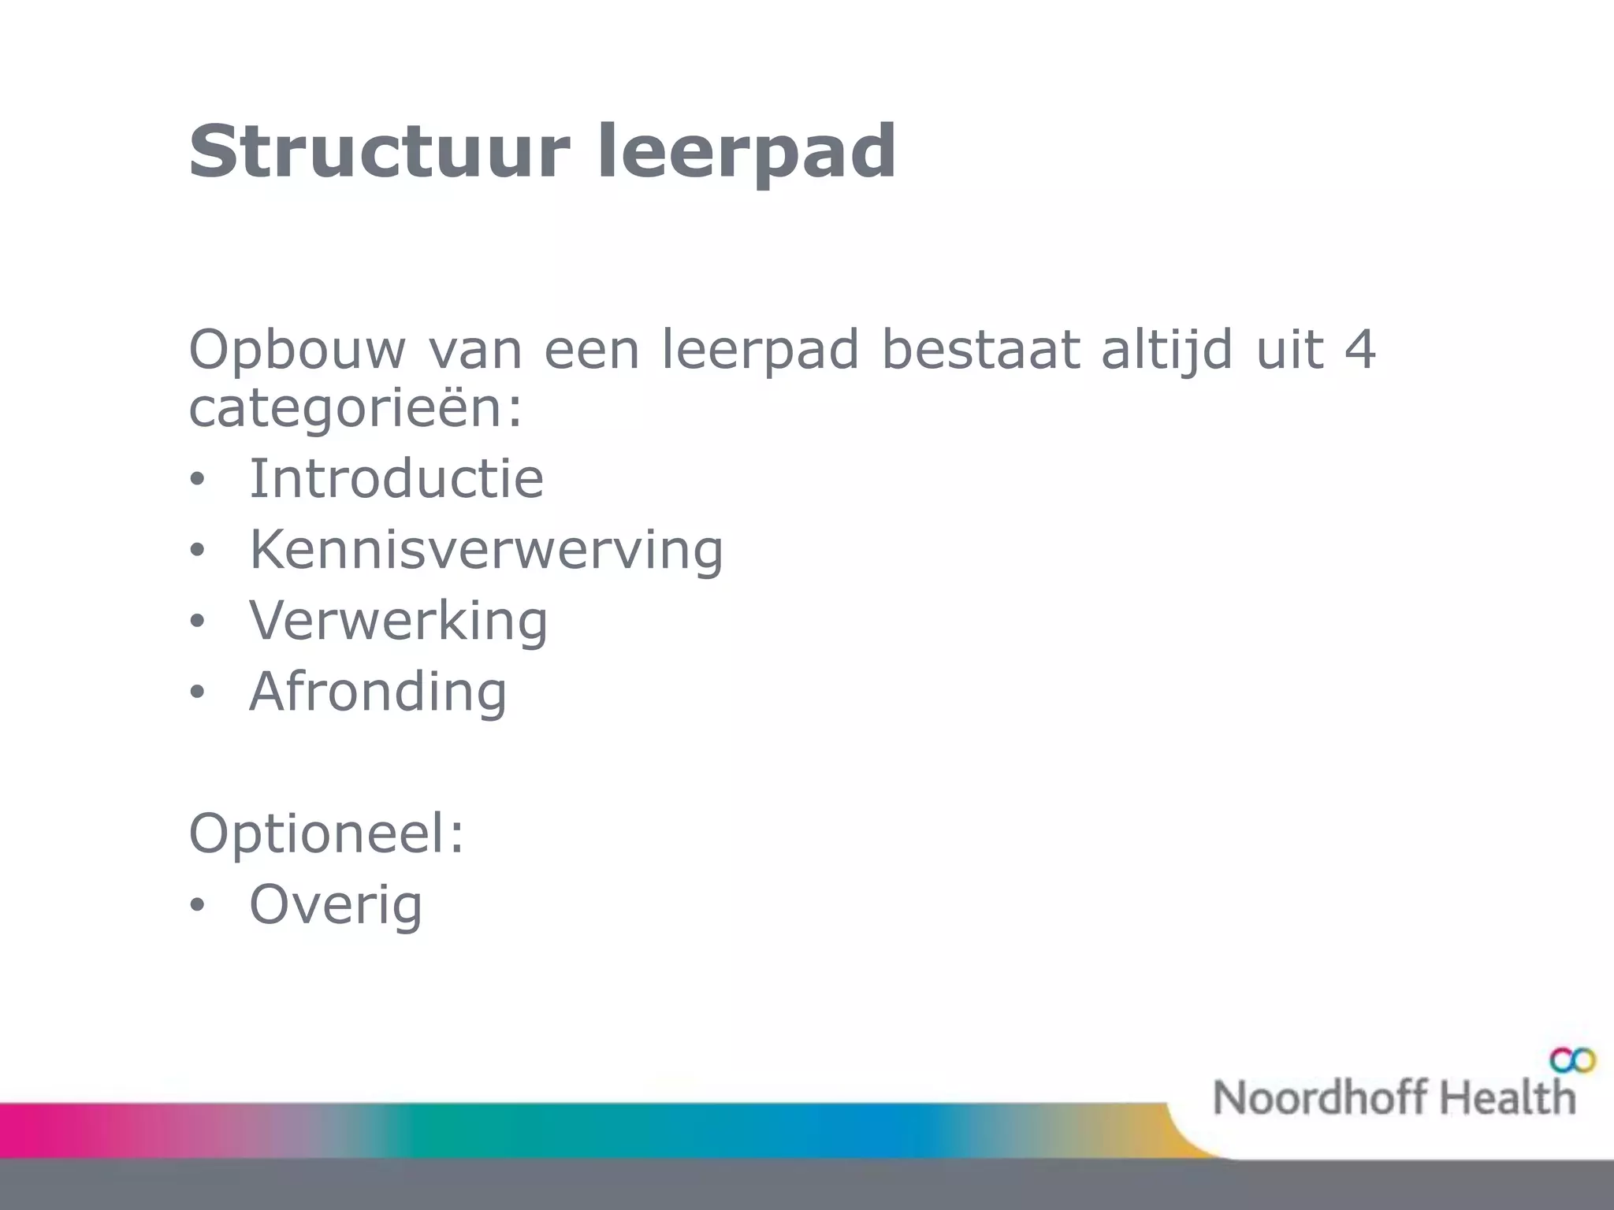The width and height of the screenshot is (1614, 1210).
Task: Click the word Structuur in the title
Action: click(x=378, y=151)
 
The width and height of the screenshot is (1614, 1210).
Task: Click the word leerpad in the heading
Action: click(x=746, y=151)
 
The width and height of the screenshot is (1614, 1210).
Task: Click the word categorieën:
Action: click(x=355, y=410)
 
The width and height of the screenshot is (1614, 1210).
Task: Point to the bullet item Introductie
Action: click(x=396, y=478)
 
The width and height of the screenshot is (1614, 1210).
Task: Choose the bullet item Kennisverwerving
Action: click(x=485, y=549)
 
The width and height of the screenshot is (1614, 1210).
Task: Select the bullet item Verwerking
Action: click(x=398, y=620)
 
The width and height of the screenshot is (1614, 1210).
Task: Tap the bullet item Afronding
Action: click(x=378, y=691)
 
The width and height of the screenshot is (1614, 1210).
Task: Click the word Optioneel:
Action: click(x=327, y=833)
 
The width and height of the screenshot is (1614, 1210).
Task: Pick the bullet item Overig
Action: click(x=336, y=904)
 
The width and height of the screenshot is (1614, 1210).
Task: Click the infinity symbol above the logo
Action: click(x=1572, y=1061)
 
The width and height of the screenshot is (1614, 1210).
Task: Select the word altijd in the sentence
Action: click(x=1166, y=351)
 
